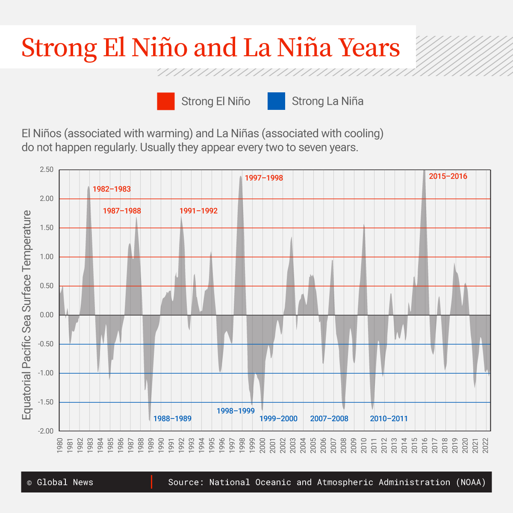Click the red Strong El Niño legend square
pos(166,101)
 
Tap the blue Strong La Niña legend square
pos(276,101)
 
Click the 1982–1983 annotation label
pos(112,189)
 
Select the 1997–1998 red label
pos(264,178)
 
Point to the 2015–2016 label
pos(448,176)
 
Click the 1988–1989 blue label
pos(172,419)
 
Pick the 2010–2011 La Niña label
pos(389,419)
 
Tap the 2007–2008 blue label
pos(329,419)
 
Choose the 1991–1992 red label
pos(198,211)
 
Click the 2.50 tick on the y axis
pos(47,170)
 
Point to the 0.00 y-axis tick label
pos(47,315)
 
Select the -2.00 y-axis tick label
pos(46,431)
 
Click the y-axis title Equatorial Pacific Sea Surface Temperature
pos(27,315)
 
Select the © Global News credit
pos(60,482)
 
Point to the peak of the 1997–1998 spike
pos(241,176)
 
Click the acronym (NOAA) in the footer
pos(471,482)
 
